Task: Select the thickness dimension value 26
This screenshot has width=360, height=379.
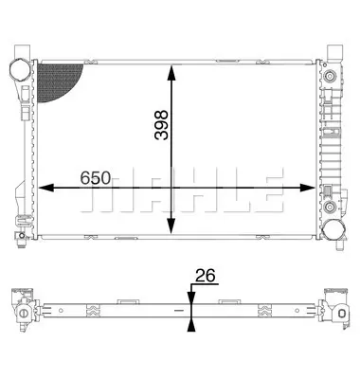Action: [x=205, y=276]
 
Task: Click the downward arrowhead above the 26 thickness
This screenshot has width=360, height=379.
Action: [x=190, y=295]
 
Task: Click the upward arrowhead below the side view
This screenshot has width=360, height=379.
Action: [x=190, y=325]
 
